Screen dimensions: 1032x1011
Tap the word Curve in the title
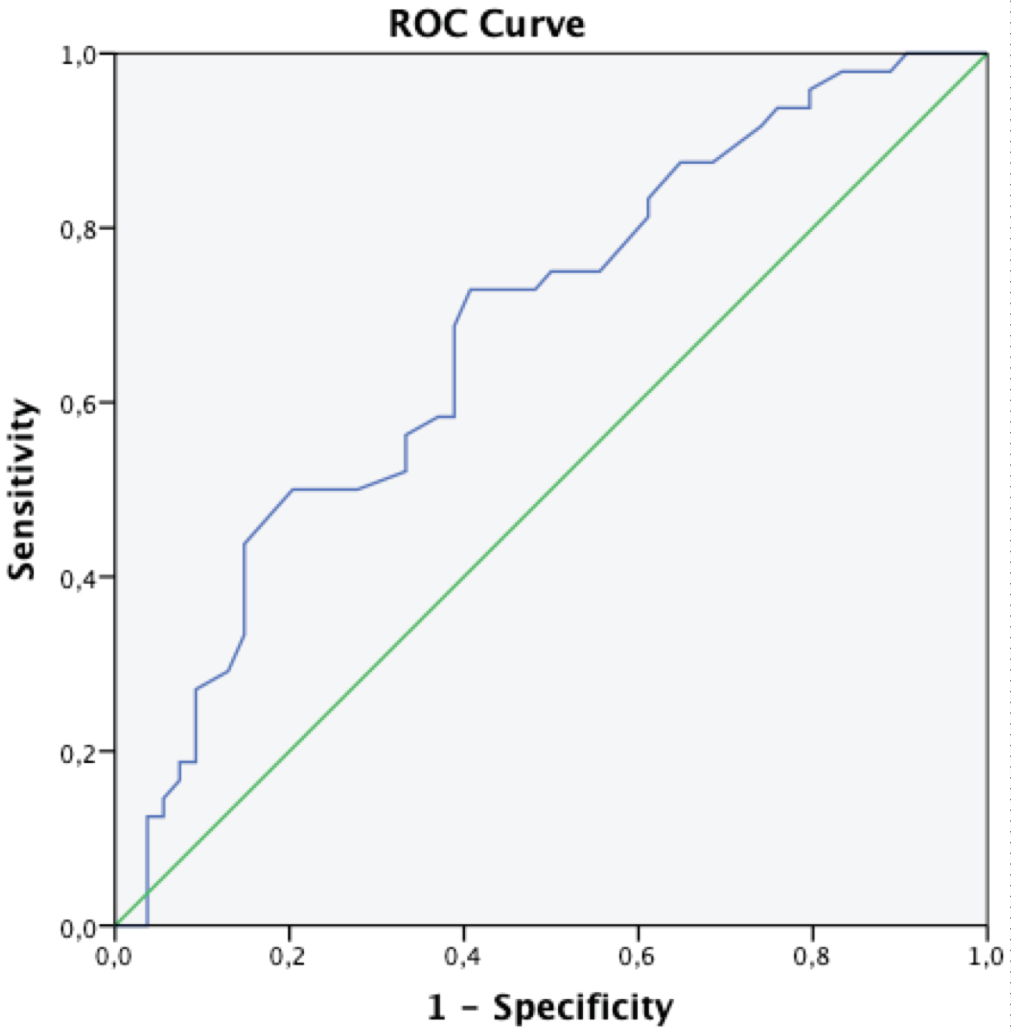coord(532,25)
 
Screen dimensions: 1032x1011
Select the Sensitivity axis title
coord(22,489)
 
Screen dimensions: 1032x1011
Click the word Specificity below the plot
coord(583,1008)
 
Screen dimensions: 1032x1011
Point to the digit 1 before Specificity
coord(437,1008)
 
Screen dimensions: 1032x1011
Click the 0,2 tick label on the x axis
coord(288,957)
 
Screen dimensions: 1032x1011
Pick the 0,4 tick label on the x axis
coord(462,957)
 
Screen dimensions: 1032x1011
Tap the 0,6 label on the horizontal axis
coord(637,957)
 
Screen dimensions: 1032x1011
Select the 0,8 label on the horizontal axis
coord(811,957)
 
